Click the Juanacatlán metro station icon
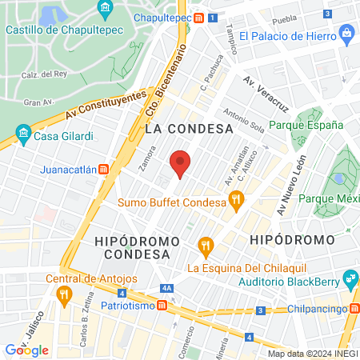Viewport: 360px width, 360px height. point(103,170)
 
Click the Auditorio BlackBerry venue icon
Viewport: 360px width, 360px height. point(350,278)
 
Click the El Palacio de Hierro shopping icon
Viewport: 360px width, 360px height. point(346,35)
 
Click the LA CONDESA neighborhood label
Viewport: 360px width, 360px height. point(189,128)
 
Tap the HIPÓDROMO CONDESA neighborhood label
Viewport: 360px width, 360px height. point(132,247)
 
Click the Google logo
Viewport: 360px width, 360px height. point(27,350)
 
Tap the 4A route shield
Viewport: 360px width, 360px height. point(166,288)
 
